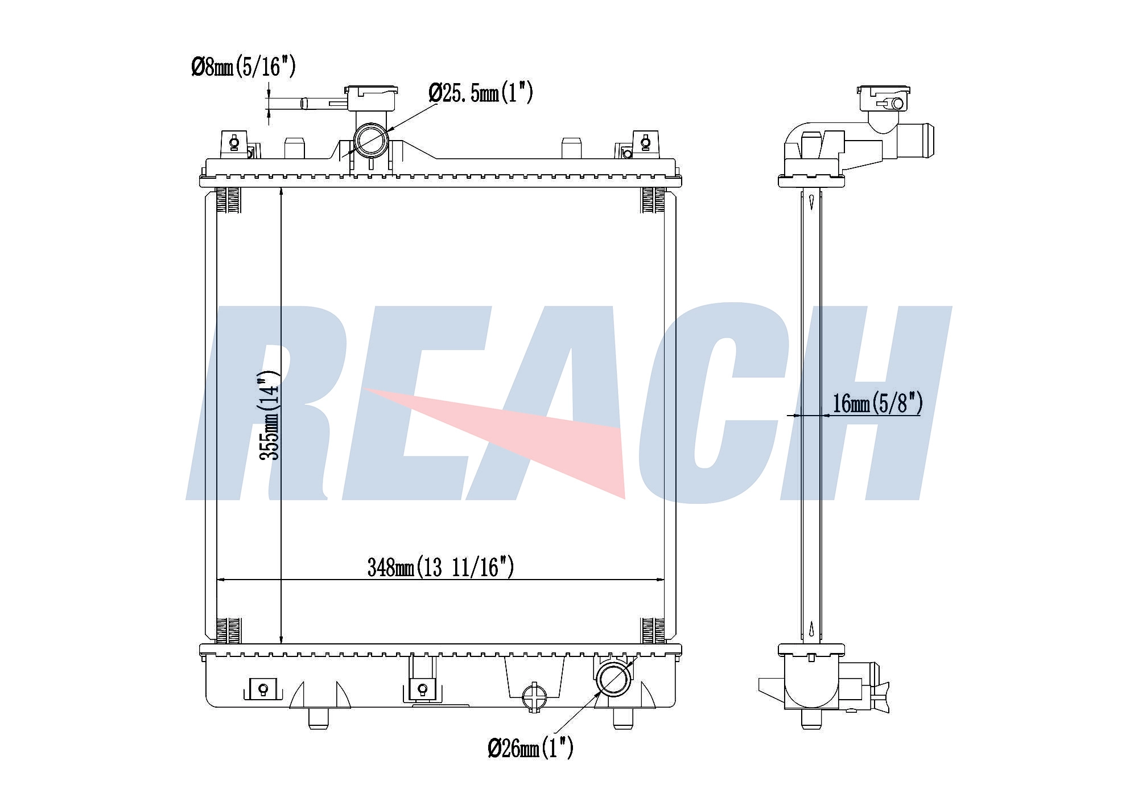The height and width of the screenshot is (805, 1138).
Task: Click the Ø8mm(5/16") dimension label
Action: click(244, 67)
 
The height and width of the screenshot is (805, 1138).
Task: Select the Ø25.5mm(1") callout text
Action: click(481, 92)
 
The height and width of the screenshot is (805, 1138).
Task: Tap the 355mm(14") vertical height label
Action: click(269, 415)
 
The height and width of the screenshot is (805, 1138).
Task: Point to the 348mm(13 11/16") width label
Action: click(441, 567)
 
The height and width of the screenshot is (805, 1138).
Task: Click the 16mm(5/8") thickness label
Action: click(877, 403)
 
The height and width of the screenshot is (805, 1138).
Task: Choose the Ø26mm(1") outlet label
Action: click(530, 748)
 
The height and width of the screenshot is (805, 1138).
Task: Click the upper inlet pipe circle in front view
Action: click(372, 139)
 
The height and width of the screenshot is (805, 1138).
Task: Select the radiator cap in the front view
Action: click(371, 98)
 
